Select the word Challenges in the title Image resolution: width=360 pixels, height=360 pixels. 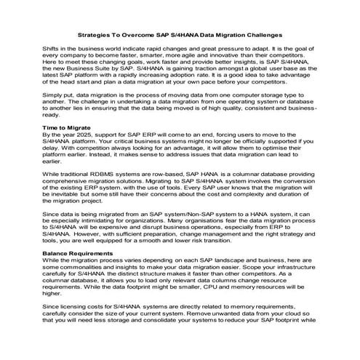[x=262, y=35]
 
